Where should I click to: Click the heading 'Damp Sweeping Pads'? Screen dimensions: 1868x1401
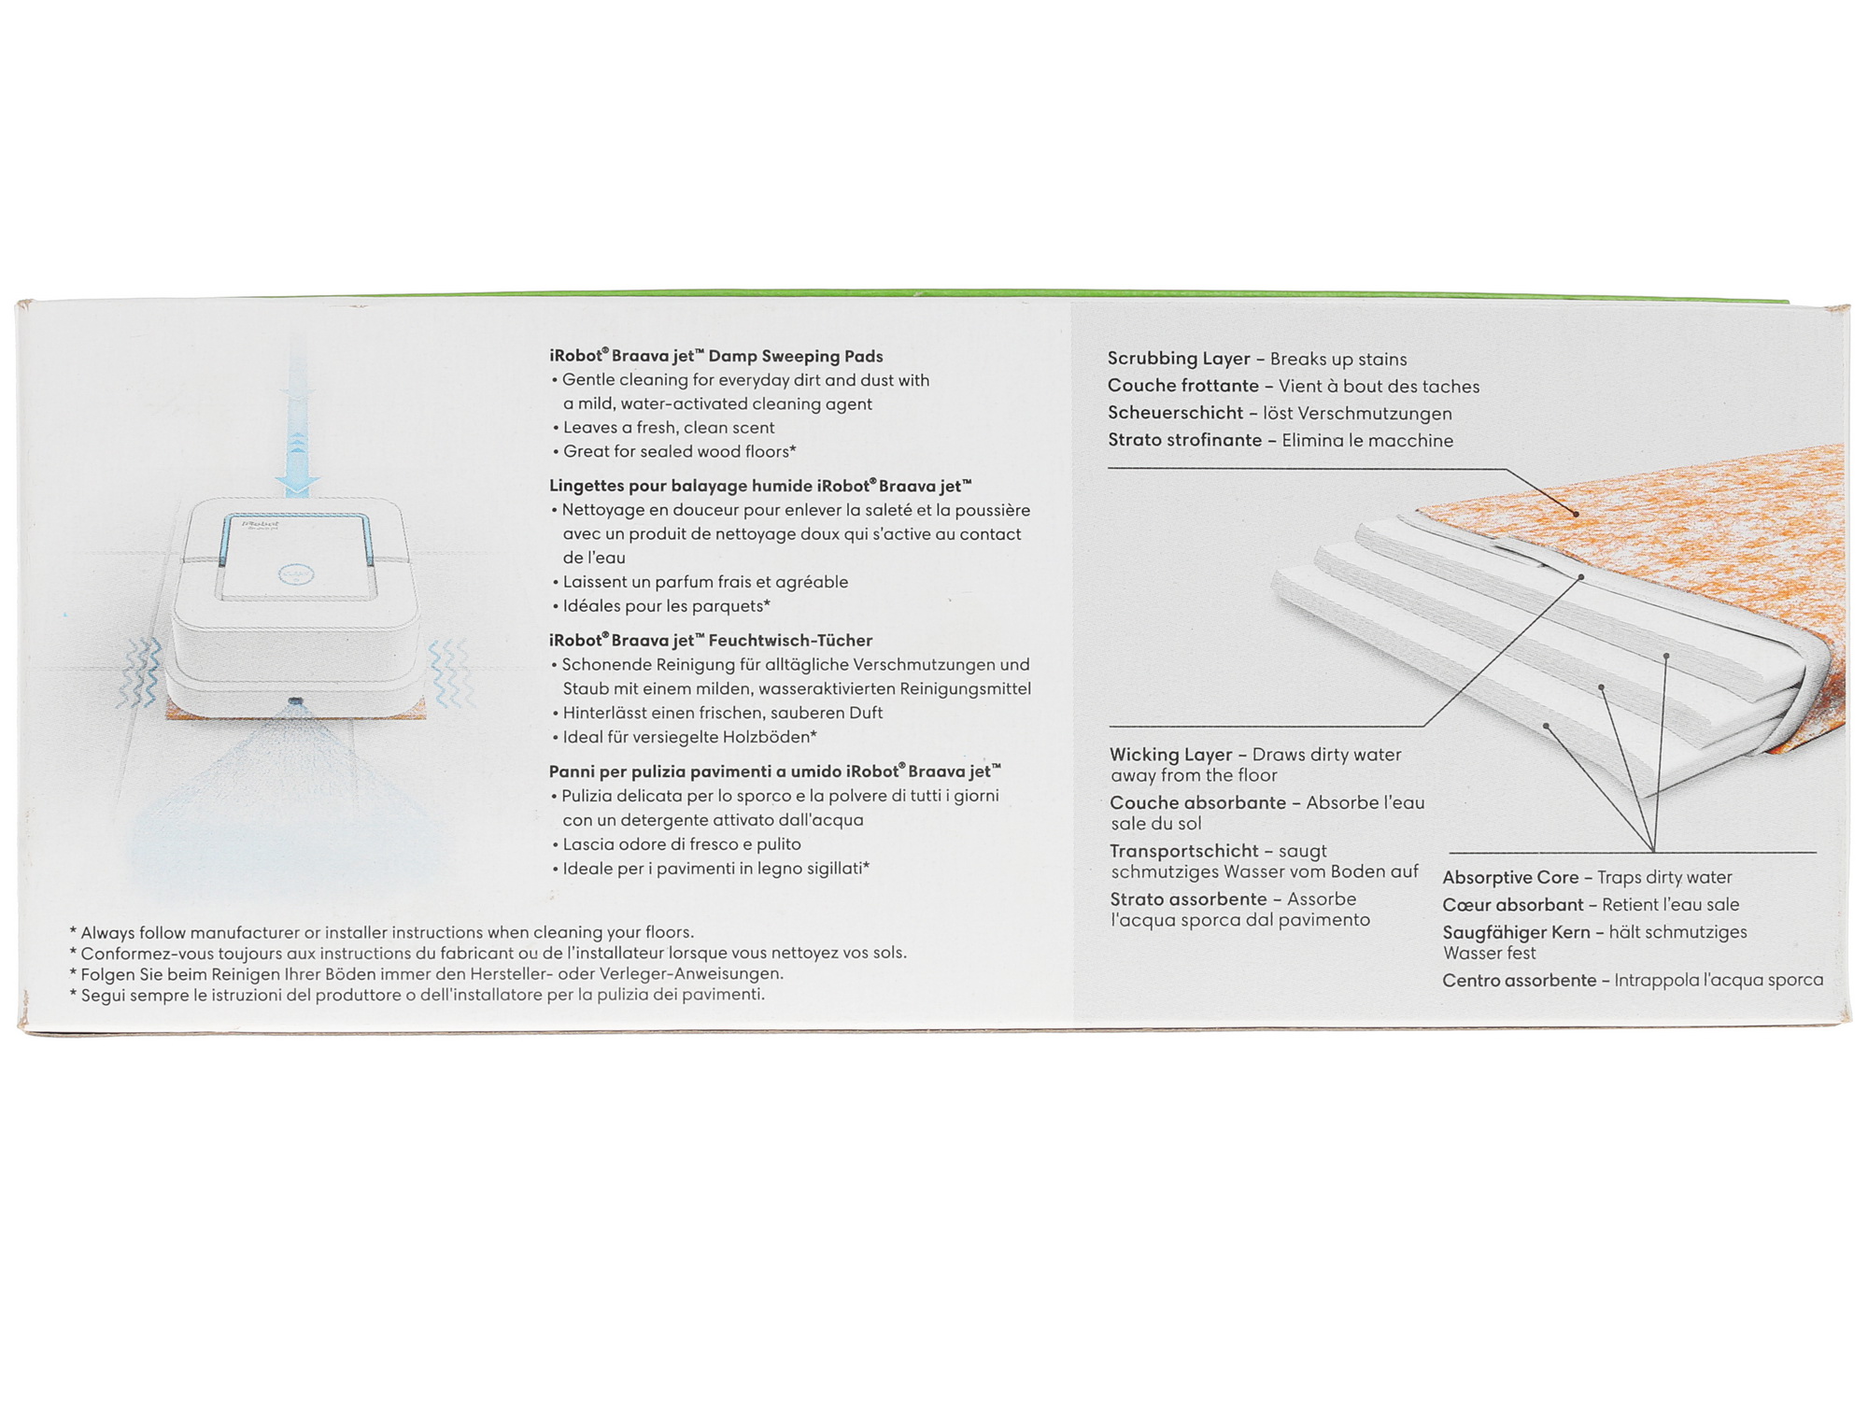point(796,356)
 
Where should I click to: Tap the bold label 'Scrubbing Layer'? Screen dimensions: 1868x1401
point(1179,359)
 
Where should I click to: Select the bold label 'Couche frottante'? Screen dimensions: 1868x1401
point(1183,386)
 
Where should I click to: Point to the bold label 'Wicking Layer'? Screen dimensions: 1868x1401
point(1171,755)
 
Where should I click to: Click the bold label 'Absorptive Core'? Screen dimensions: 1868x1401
point(1510,878)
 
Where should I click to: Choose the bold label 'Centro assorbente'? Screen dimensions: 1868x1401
point(1520,981)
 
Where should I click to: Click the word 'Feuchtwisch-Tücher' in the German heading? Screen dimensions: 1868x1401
point(790,641)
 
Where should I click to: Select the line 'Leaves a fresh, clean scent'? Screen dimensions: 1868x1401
point(669,428)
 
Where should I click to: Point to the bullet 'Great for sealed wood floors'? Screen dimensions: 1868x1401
point(679,452)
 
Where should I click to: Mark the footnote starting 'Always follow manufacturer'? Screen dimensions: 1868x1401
point(382,932)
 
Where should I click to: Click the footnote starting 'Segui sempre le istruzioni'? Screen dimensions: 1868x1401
point(417,995)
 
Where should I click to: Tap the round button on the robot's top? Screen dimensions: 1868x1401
point(296,574)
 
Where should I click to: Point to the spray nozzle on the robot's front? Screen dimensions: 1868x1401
point(295,700)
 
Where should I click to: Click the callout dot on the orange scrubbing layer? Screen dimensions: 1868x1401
point(1576,514)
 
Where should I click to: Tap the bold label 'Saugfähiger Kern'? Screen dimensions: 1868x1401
point(1516,932)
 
